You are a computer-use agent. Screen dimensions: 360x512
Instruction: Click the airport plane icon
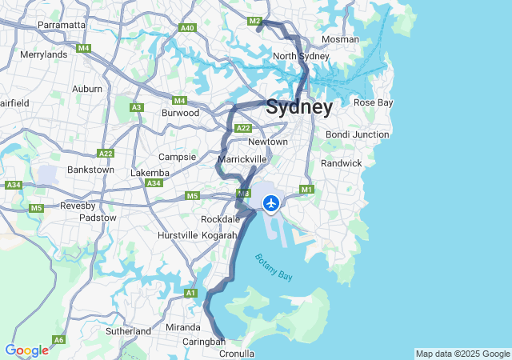pyautogui.click(x=271, y=204)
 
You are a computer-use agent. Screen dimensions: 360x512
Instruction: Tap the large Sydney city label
pyautogui.click(x=299, y=107)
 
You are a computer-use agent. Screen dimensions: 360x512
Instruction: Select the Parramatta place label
pyautogui.click(x=62, y=25)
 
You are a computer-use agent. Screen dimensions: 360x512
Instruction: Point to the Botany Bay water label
pyautogui.click(x=274, y=266)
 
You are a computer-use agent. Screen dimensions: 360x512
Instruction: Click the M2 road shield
pyautogui.click(x=255, y=21)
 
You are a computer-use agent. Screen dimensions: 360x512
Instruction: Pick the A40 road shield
pyautogui.click(x=188, y=28)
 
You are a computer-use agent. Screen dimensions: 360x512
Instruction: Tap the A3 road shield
pyautogui.click(x=136, y=107)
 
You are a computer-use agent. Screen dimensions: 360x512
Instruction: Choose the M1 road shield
pyautogui.click(x=306, y=190)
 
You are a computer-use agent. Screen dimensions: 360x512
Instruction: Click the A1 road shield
pyautogui.click(x=190, y=294)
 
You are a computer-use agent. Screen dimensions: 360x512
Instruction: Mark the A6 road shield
pyautogui.click(x=58, y=339)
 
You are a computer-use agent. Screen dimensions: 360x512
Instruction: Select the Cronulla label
pyautogui.click(x=238, y=353)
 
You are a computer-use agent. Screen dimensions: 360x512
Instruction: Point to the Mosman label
pyautogui.click(x=339, y=39)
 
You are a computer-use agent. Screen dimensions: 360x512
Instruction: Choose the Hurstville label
pyautogui.click(x=178, y=235)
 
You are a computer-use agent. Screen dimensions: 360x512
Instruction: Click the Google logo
pyautogui.click(x=26, y=350)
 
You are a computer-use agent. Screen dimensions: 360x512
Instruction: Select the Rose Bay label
pyautogui.click(x=373, y=102)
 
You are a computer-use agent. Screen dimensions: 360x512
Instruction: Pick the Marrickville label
pyautogui.click(x=242, y=159)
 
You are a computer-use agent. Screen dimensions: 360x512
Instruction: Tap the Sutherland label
pyautogui.click(x=128, y=330)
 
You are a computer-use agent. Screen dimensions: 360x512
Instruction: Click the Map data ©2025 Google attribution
pyautogui.click(x=462, y=354)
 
